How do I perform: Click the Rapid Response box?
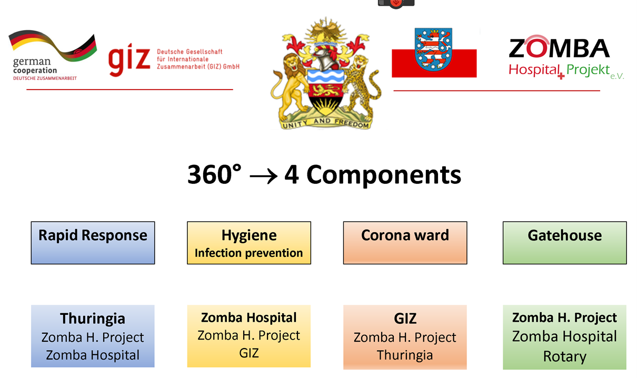(x=93, y=243)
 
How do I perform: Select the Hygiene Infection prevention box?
(x=249, y=243)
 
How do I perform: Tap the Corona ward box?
(x=405, y=243)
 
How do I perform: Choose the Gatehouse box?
(x=564, y=243)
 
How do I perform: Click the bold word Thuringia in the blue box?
(x=93, y=319)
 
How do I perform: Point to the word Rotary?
(x=565, y=356)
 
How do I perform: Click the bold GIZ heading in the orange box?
(x=405, y=319)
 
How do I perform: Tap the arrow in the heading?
(x=263, y=176)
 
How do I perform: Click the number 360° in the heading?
(x=214, y=174)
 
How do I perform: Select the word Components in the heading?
(x=384, y=175)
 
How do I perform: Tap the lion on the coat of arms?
(x=292, y=85)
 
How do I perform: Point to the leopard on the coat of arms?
(x=361, y=85)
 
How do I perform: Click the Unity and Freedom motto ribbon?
(x=325, y=123)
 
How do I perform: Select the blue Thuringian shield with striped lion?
(x=433, y=49)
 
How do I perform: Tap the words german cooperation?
(x=35, y=66)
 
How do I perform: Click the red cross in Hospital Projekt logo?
(x=561, y=76)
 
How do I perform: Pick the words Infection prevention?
(x=249, y=253)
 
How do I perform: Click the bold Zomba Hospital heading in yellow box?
(x=249, y=317)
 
